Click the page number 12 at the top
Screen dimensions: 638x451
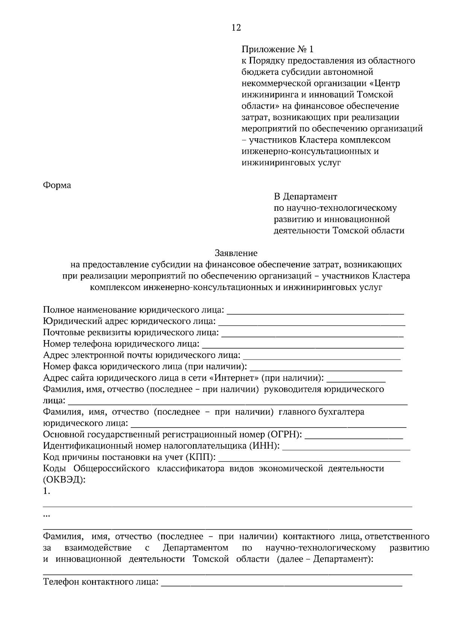point(236,27)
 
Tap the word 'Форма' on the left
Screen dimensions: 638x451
point(57,185)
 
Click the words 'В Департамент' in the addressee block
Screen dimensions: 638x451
point(305,197)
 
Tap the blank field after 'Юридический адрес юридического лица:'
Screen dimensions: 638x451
point(312,322)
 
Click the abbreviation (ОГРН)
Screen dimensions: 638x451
point(285,435)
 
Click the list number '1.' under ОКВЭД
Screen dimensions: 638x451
point(47,491)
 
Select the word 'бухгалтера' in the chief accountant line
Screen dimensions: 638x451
point(341,412)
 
